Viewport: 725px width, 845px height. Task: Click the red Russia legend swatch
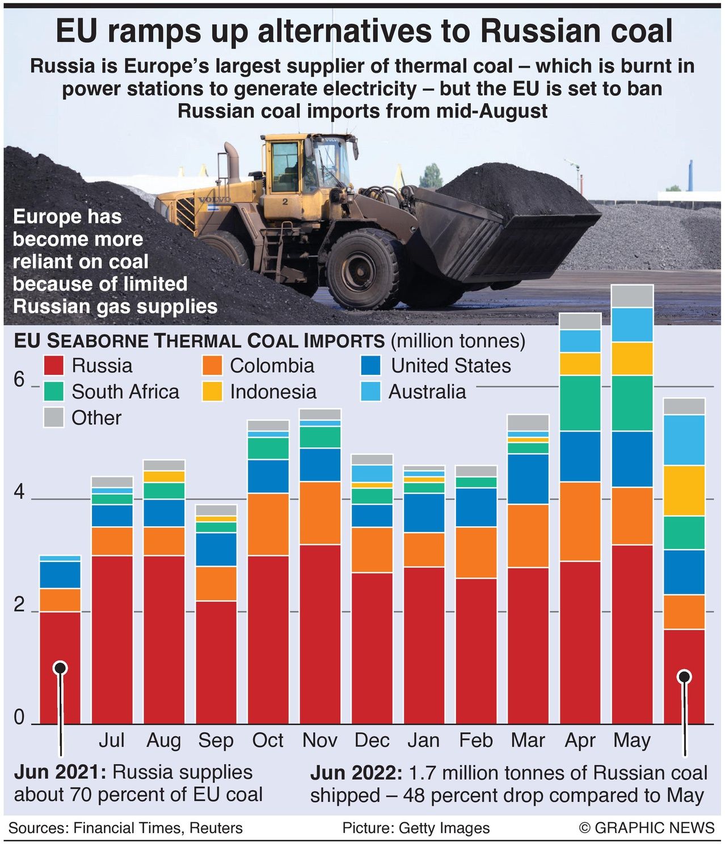[x=54, y=366]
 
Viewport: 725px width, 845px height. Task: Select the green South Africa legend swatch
[x=54, y=392]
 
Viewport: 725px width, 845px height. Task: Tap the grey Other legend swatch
[x=54, y=418]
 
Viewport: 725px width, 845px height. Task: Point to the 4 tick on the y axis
[x=19, y=493]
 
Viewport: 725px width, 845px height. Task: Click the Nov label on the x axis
[x=319, y=740]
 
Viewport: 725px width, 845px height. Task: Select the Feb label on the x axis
[x=475, y=740]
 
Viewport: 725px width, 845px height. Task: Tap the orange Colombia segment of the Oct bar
[x=268, y=524]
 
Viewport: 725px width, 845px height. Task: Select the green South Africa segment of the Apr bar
[x=580, y=403]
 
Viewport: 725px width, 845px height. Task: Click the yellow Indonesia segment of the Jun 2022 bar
[x=684, y=491]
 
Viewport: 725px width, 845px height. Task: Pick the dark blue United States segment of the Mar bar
[x=528, y=479]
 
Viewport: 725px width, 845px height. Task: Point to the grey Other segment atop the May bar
[x=633, y=296]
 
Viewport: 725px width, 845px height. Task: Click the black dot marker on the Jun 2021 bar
[x=60, y=668]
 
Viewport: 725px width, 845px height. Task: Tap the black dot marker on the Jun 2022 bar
[x=684, y=677]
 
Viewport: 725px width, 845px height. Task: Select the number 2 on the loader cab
[x=285, y=201]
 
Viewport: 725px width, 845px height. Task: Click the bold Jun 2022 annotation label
[x=355, y=773]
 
